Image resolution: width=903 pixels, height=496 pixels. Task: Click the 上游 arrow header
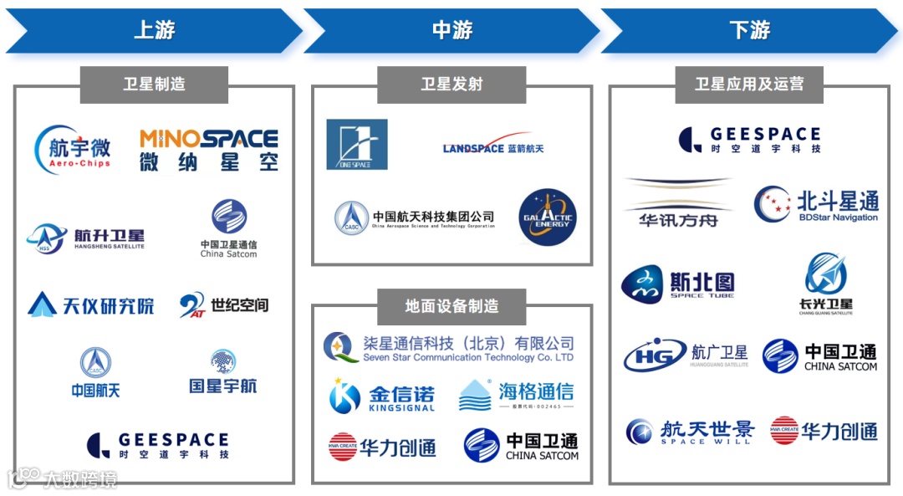point(154,31)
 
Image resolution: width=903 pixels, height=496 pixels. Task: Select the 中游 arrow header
point(451,31)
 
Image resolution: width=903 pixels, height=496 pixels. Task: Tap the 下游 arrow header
point(749,31)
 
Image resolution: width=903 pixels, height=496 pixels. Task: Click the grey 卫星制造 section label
point(154,84)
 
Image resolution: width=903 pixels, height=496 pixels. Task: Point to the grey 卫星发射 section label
point(451,84)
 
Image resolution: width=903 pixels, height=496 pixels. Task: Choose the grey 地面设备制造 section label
point(451,306)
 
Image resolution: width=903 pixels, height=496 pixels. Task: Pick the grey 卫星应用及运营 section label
point(749,84)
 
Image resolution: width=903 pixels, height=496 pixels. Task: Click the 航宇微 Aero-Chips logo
point(74,150)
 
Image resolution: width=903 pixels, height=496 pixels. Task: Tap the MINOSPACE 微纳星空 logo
point(208,150)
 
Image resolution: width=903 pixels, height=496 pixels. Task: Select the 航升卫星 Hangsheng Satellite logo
point(85,238)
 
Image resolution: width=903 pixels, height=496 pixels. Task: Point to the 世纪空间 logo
point(224,305)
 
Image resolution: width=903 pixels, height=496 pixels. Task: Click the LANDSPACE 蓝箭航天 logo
point(493,146)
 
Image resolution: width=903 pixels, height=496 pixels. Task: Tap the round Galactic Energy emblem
point(548,217)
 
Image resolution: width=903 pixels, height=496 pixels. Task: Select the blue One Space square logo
point(357,145)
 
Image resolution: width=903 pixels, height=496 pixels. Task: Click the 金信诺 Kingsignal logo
point(382,395)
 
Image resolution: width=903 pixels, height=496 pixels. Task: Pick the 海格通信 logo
point(516,395)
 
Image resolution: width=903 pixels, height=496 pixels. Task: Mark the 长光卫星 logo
point(826,284)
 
